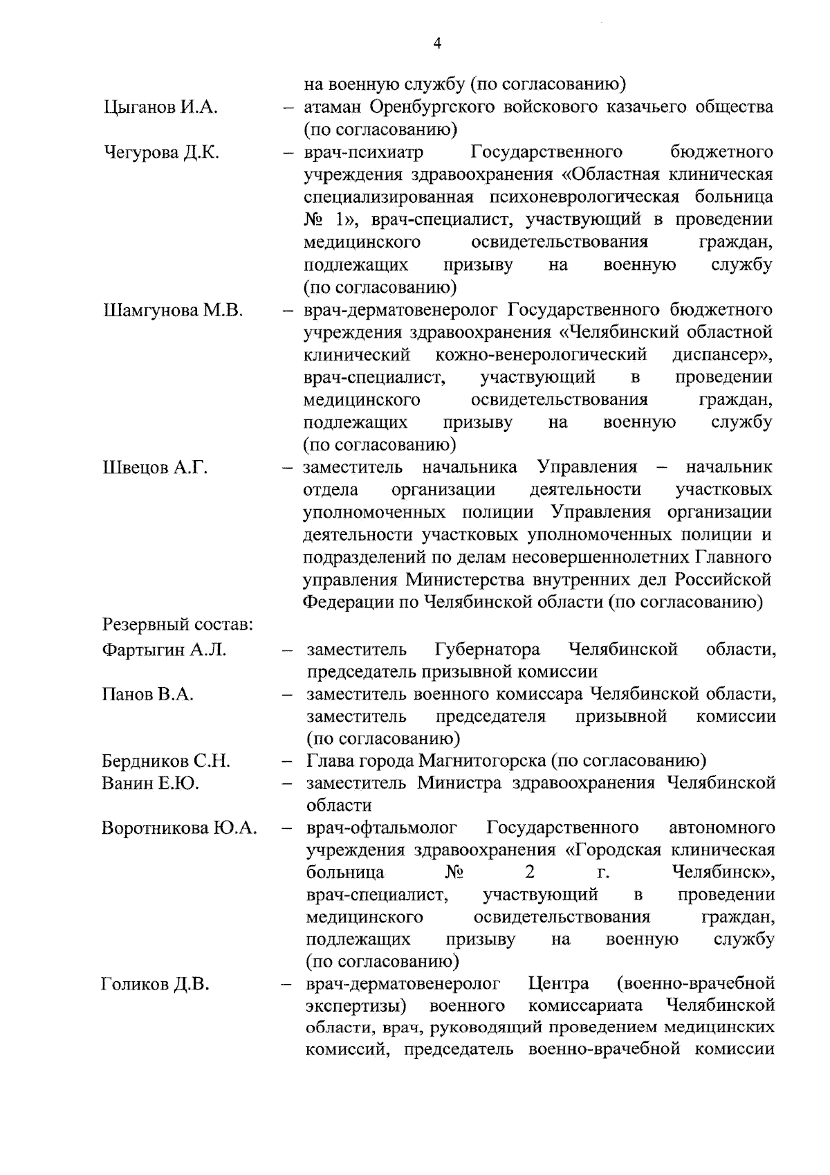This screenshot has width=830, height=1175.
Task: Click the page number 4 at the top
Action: point(436,43)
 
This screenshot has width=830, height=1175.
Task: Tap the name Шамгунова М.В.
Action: point(172,310)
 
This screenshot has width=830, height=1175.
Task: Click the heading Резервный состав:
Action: point(176,625)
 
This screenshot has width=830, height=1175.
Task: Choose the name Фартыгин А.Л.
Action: point(163,650)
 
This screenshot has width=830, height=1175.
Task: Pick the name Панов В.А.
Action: point(147,694)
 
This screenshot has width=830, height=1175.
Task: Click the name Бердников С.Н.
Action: point(165,761)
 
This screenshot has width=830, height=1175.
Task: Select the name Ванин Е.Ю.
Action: point(150,783)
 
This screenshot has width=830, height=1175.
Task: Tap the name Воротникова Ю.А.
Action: point(179,828)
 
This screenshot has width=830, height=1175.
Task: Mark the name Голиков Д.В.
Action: point(155,984)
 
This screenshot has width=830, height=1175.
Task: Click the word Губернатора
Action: point(488,650)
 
